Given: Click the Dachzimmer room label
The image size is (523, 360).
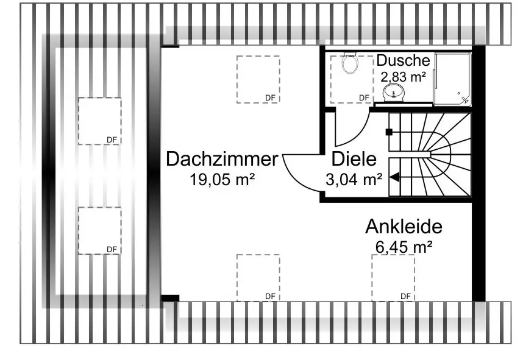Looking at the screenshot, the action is click(x=222, y=160).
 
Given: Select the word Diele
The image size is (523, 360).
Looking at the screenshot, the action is click(x=354, y=160).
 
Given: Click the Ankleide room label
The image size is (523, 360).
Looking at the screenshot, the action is click(x=404, y=227).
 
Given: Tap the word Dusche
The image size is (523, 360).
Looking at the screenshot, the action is click(x=403, y=61).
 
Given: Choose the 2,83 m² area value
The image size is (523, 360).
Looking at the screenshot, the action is click(x=403, y=77).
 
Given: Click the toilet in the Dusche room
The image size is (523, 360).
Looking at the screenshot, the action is click(x=350, y=63).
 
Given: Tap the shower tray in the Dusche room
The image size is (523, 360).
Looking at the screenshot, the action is click(x=452, y=79).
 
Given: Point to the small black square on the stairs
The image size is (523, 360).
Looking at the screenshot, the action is click(x=388, y=132).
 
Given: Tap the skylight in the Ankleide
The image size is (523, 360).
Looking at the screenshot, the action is click(x=393, y=277).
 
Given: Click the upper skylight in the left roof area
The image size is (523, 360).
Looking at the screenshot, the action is click(x=99, y=121).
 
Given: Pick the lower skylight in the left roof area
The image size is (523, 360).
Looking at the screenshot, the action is click(x=99, y=230).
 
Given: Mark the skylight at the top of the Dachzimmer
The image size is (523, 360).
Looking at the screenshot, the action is click(x=258, y=79).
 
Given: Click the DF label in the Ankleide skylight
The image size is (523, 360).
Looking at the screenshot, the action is click(x=405, y=296).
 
